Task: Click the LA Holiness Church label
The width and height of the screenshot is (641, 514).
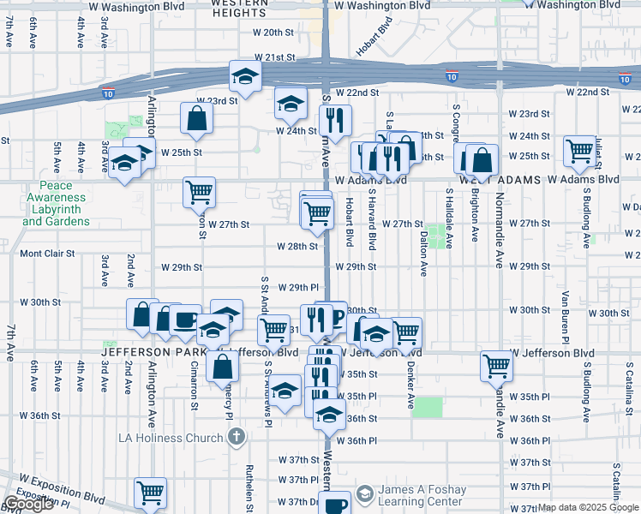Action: click(x=171, y=438)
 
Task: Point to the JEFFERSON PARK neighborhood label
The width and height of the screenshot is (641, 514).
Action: click(x=150, y=352)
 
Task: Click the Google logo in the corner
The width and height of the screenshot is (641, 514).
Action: click(x=28, y=504)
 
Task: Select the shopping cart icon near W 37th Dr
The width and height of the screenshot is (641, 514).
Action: click(x=150, y=493)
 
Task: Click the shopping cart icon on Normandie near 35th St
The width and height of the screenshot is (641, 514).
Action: click(x=496, y=366)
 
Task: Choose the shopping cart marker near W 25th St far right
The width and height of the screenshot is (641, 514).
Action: click(x=580, y=150)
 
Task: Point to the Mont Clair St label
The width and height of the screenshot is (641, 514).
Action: click(x=48, y=254)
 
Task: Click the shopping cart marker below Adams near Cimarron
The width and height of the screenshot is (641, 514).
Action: click(x=199, y=194)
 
